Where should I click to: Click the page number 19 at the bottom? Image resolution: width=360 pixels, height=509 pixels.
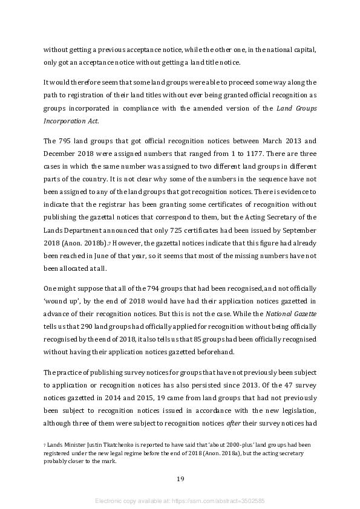(x=180, y=479)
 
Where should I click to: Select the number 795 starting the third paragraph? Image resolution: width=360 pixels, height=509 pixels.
(x=67, y=141)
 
